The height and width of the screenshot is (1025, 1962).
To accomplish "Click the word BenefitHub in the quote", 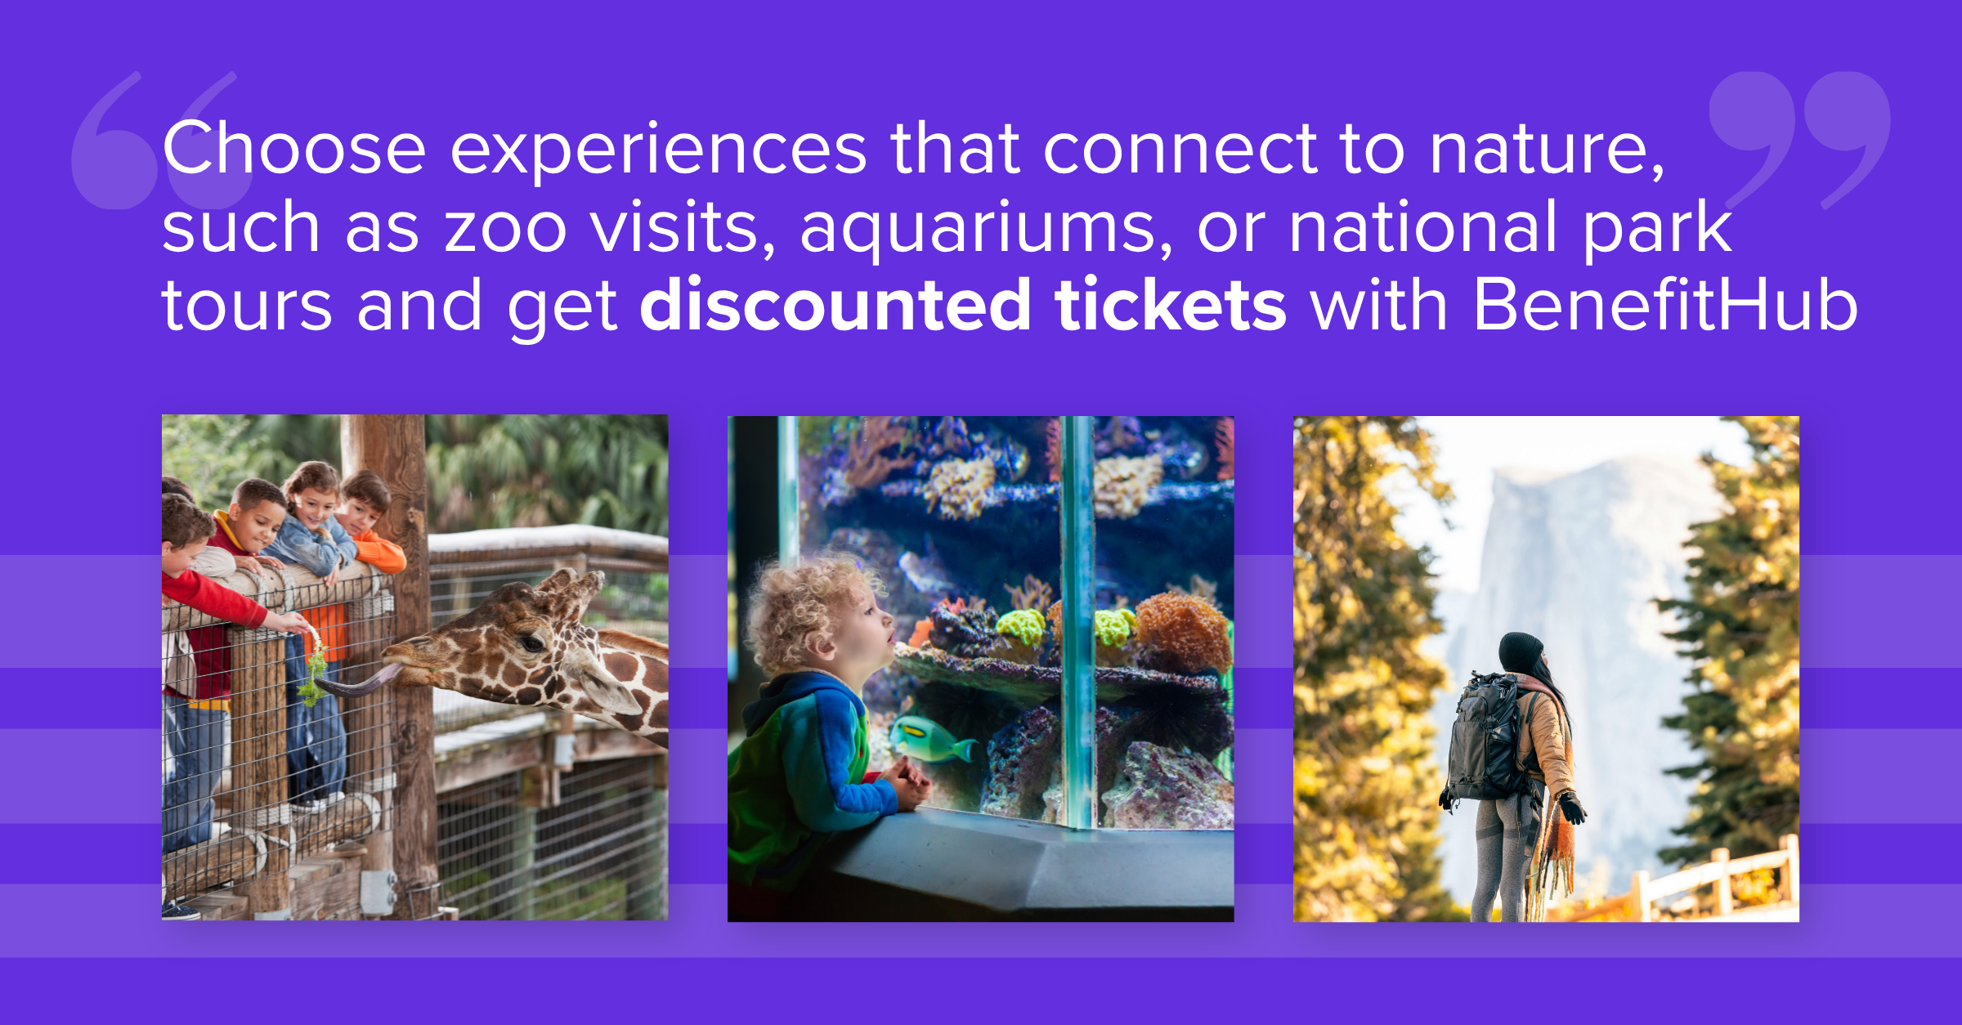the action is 1665,304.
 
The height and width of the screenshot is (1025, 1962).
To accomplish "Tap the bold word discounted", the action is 835,304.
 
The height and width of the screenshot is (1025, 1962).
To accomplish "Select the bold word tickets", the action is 1171,304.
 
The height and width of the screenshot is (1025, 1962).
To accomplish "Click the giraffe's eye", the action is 532,642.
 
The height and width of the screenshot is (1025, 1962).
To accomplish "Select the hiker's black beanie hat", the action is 1521,652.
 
